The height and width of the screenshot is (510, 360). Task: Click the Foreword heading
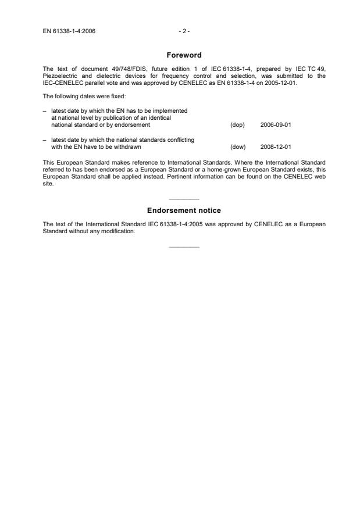[x=184, y=55]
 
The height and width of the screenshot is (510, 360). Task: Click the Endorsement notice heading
[x=184, y=210]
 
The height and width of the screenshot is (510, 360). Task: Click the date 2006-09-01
[x=276, y=124]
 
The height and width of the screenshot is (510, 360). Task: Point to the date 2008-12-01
[x=276, y=147]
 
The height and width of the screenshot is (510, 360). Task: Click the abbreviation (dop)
[x=238, y=124]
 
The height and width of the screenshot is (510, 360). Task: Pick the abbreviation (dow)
[x=238, y=147]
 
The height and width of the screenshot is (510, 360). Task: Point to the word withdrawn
[x=128, y=147]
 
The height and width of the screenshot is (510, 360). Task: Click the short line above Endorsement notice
[x=184, y=199]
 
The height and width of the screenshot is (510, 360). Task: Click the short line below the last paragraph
[x=184, y=247]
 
